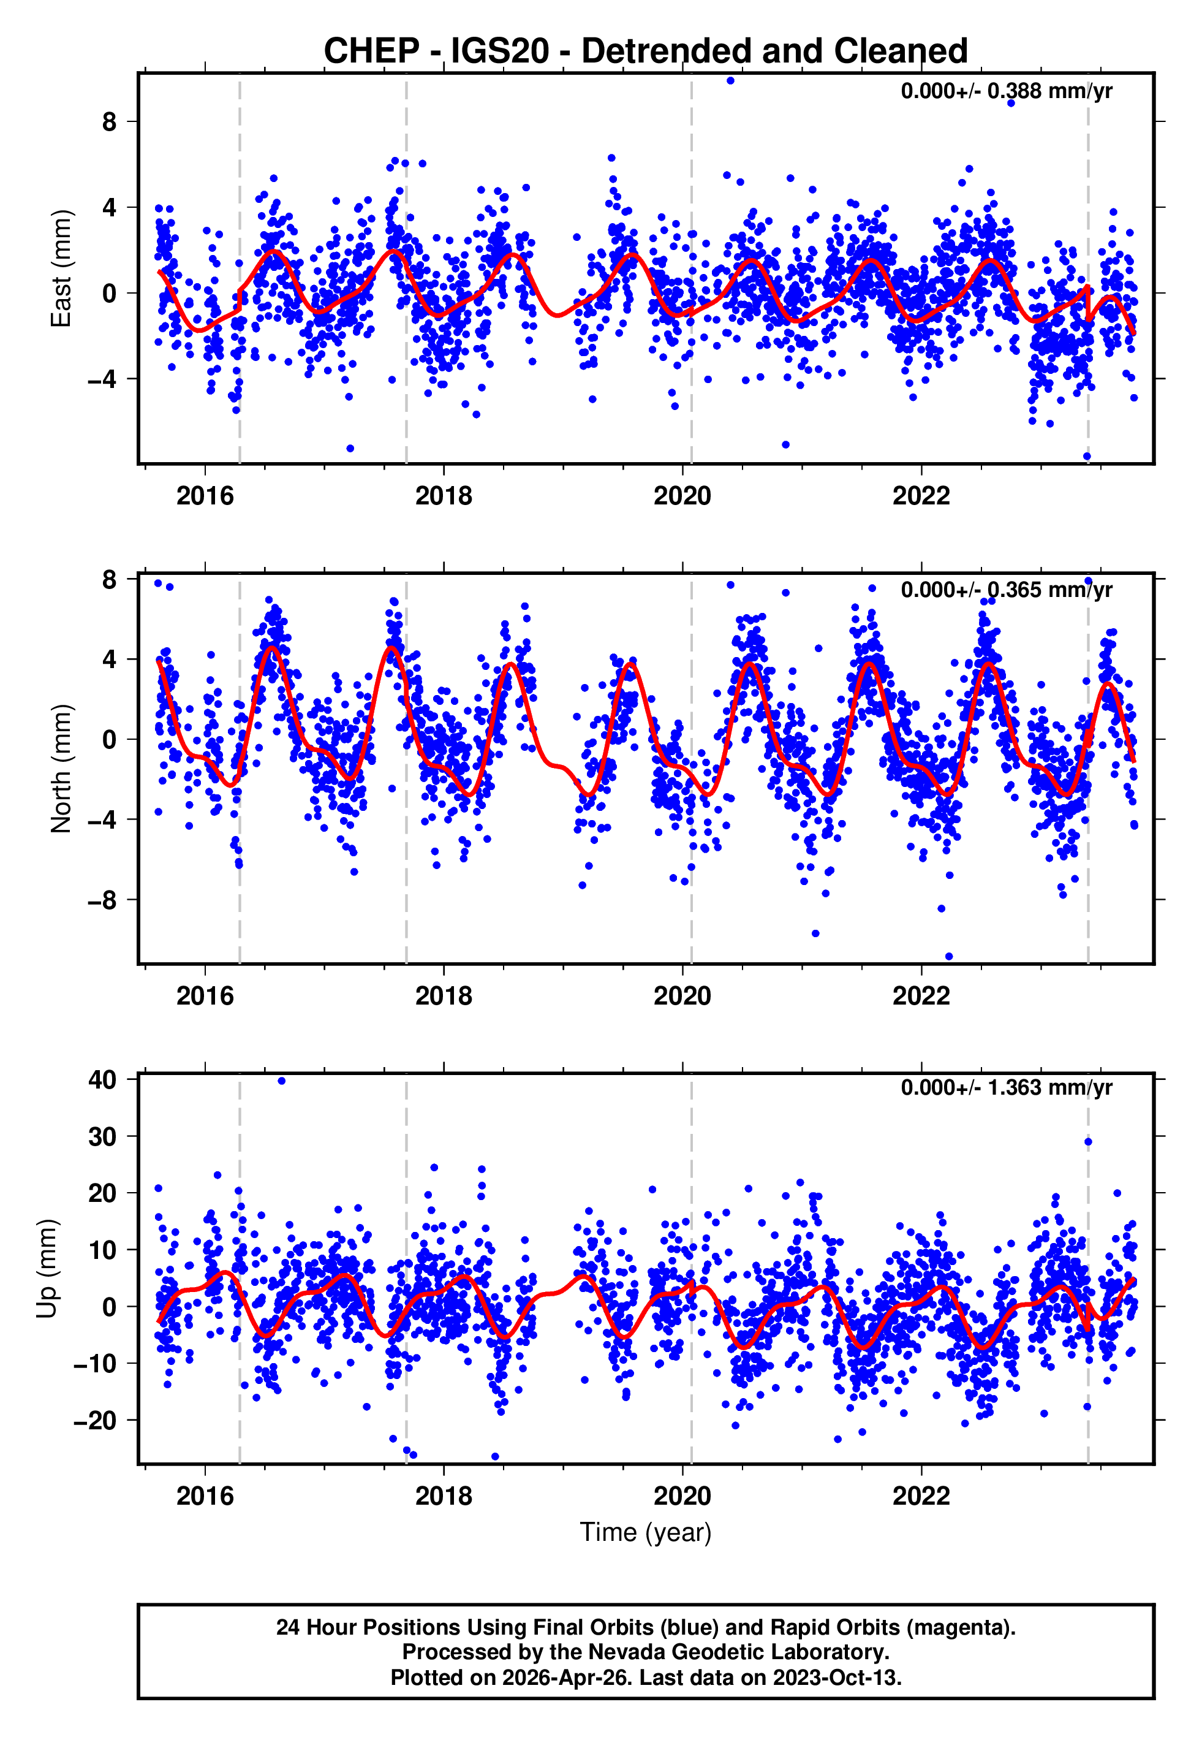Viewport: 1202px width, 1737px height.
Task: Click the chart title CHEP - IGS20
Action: pos(646,51)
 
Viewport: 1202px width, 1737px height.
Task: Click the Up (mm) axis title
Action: pos(47,1269)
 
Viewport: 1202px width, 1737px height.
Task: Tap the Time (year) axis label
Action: pos(646,1533)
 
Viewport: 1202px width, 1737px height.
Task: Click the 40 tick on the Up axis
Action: pos(102,1080)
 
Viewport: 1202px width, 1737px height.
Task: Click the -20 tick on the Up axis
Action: pos(95,1421)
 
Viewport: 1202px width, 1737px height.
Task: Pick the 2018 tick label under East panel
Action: pos(444,496)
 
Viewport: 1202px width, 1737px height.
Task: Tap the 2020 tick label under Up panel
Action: pos(682,1496)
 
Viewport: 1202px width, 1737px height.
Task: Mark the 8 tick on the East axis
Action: pos(110,121)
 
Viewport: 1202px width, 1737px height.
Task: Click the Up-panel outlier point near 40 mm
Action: pos(282,1081)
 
